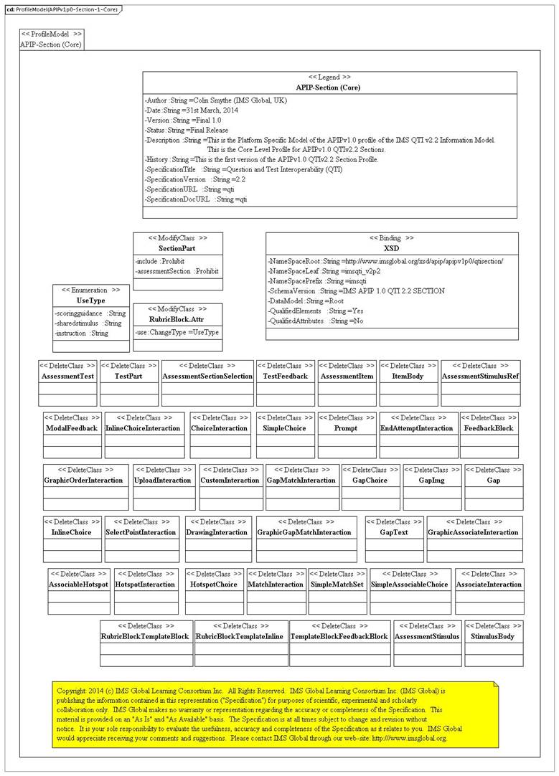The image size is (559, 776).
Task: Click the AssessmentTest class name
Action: click(68, 377)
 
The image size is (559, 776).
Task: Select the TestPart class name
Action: click(129, 377)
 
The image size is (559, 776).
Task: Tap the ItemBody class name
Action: click(408, 377)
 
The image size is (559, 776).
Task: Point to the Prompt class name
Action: click(346, 428)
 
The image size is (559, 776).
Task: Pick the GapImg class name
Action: click(432, 481)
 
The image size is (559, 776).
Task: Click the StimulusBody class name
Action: click(492, 636)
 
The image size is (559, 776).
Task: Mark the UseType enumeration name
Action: click(91, 301)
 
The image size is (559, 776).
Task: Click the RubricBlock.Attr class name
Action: click(178, 321)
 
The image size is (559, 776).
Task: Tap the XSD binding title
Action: click(392, 247)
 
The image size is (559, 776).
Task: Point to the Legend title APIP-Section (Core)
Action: click(329, 87)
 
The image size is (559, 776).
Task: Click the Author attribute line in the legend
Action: click(216, 101)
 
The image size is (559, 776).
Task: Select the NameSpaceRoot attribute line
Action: click(385, 262)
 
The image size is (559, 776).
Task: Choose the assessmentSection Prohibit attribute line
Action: click(177, 272)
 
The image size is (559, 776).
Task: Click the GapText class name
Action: click(394, 532)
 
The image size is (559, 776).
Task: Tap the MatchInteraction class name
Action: click(276, 585)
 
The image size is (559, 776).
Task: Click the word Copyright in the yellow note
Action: click(72, 691)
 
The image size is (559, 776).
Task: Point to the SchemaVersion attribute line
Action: click(357, 291)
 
